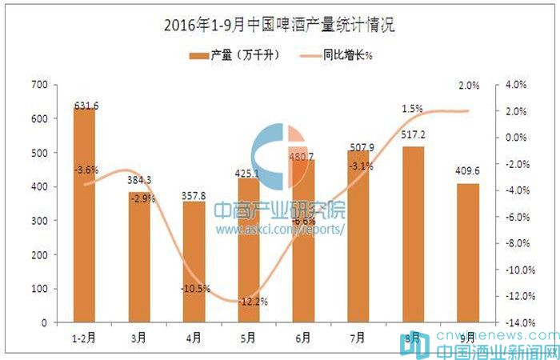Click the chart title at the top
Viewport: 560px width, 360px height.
coord(279,25)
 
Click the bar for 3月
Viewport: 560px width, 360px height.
coord(138,256)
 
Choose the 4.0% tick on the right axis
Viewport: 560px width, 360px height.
coord(513,85)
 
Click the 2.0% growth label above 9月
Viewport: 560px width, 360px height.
coord(470,86)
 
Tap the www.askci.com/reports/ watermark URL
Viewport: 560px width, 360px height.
coord(280,229)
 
